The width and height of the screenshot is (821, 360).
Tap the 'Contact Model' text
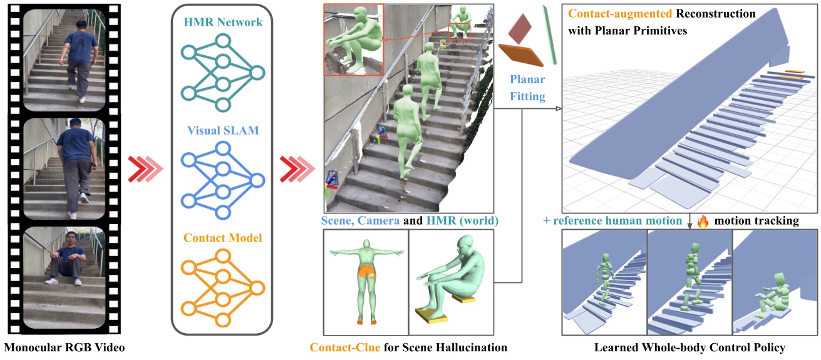click(222, 238)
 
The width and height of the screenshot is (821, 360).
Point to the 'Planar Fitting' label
click(527, 88)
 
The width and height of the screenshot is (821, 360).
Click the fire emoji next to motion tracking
click(701, 220)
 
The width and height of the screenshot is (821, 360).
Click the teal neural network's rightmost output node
click(257, 73)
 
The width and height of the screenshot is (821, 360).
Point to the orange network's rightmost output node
click(257, 289)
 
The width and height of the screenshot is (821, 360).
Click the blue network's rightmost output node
click(257, 181)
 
